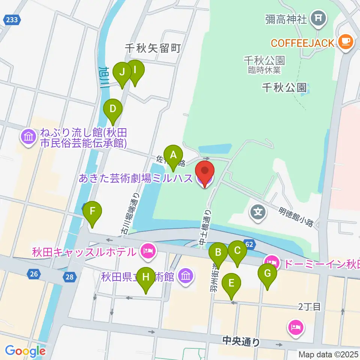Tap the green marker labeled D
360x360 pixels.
click(113, 110)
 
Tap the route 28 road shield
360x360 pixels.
click(69, 277)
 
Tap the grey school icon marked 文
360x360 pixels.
click(259, 212)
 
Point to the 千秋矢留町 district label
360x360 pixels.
click(153, 48)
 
